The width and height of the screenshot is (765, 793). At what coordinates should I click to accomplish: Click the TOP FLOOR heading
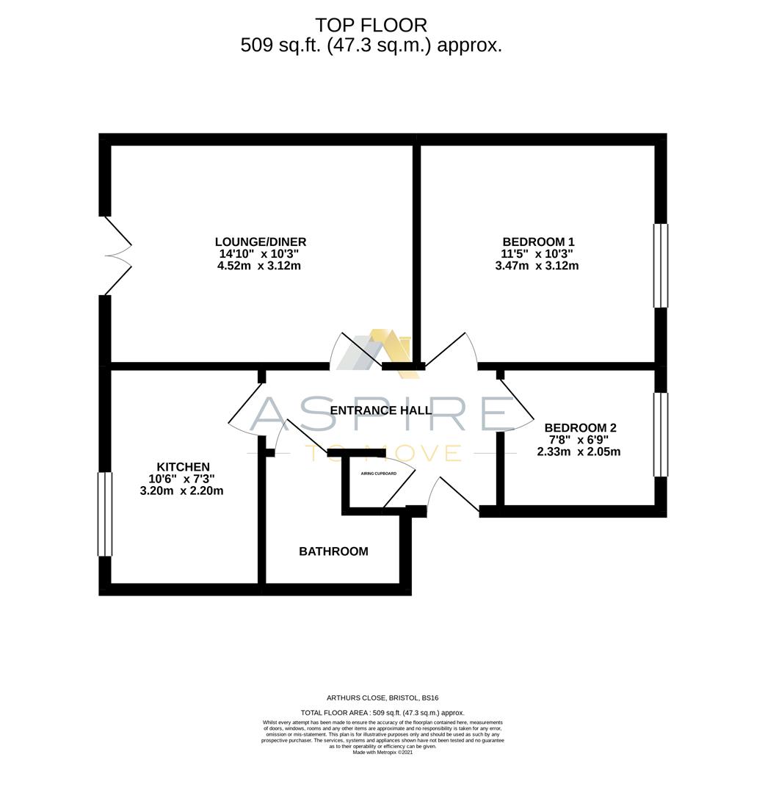pyautogui.click(x=371, y=26)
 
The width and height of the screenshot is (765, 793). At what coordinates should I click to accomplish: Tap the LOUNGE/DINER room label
pyautogui.click(x=260, y=242)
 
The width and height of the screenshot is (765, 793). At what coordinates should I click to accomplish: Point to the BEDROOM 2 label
pyautogui.click(x=580, y=427)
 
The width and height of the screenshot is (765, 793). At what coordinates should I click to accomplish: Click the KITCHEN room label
pyautogui.click(x=183, y=467)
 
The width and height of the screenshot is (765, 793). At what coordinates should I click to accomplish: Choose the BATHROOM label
pyautogui.click(x=333, y=551)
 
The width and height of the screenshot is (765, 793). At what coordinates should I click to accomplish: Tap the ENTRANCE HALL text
pyautogui.click(x=380, y=410)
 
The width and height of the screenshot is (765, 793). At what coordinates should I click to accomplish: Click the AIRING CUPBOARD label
pyautogui.click(x=378, y=474)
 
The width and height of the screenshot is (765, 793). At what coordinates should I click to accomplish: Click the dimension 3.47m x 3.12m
pyautogui.click(x=537, y=266)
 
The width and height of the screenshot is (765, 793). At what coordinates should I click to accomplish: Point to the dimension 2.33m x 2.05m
pyautogui.click(x=579, y=452)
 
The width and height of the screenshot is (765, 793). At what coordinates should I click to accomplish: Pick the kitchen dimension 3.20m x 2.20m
pyautogui.click(x=181, y=490)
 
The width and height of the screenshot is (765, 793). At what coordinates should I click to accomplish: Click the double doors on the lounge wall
pyautogui.click(x=117, y=256)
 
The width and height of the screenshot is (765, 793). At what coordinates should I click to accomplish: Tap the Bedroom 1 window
pyautogui.click(x=661, y=265)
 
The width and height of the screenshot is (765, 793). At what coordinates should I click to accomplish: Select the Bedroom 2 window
pyautogui.click(x=661, y=435)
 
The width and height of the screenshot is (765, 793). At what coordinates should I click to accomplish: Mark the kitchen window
pyautogui.click(x=105, y=514)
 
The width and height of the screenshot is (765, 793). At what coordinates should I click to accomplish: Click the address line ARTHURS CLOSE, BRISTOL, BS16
pyautogui.click(x=382, y=698)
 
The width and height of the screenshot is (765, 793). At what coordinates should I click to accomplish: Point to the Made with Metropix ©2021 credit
pyautogui.click(x=382, y=752)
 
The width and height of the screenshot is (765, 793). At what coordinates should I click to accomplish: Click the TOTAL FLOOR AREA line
pyautogui.click(x=382, y=713)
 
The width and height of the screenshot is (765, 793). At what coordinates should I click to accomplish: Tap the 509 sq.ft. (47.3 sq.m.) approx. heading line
pyautogui.click(x=371, y=46)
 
